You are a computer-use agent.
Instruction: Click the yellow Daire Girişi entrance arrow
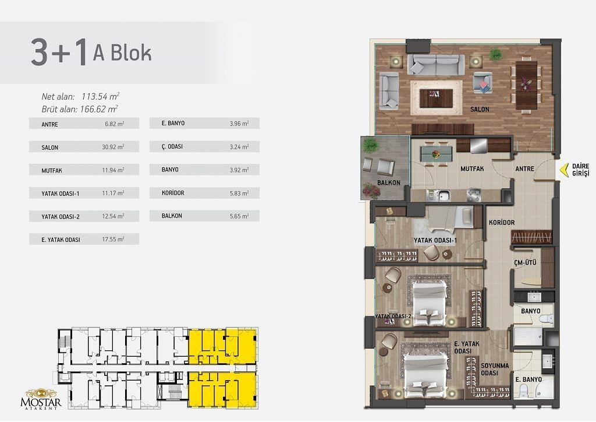(564, 170)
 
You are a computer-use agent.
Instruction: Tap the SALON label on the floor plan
(480, 109)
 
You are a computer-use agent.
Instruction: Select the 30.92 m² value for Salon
(113, 147)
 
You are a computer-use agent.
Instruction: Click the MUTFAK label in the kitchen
(472, 168)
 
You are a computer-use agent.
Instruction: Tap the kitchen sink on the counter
(443, 196)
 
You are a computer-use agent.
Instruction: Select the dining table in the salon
(526, 85)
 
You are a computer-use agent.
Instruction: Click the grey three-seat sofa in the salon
(436, 64)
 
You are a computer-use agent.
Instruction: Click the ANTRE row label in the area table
(50, 124)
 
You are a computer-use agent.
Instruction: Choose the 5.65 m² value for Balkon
(239, 216)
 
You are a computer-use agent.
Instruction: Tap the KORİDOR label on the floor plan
(502, 222)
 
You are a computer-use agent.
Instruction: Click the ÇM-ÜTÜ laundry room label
(525, 262)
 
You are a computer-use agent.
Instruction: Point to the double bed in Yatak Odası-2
(430, 303)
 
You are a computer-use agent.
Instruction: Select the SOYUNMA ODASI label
(495, 369)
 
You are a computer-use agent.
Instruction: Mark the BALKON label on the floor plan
(388, 182)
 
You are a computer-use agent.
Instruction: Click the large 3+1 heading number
(59, 53)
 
